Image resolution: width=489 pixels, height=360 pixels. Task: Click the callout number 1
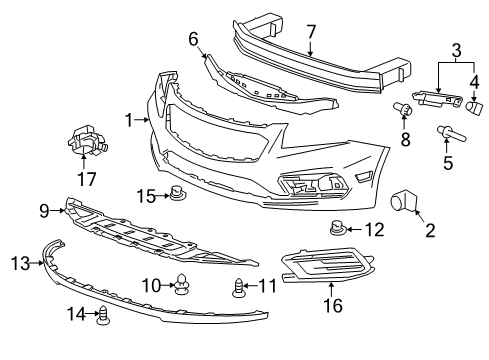pyautogui.click(x=129, y=120)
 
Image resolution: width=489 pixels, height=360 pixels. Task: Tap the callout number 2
pyautogui.click(x=429, y=232)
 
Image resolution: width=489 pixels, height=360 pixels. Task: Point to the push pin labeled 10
pyautogui.click(x=181, y=287)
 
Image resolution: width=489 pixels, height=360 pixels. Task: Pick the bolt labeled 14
pyautogui.click(x=102, y=316)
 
